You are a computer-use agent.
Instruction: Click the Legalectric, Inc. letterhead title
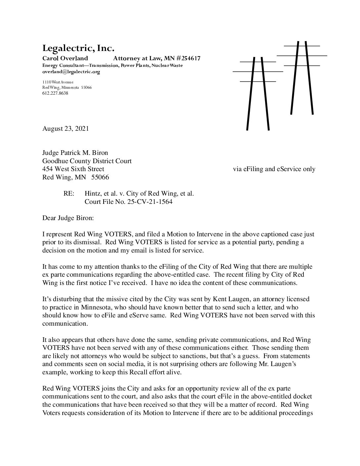pos(78,49)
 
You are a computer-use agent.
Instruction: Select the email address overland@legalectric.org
pos(71,71)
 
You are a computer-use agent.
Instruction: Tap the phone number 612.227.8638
pos(55,93)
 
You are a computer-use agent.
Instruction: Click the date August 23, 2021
pos(66,129)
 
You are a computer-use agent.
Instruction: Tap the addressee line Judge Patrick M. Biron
pos(75,153)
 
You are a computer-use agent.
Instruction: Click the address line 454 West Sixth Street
pos(73,169)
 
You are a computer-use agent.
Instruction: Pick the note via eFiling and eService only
pos(274,169)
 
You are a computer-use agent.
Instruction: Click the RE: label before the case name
pos(68,194)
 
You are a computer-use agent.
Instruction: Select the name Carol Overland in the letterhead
pos(65,59)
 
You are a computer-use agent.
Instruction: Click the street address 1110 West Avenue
pos(58,82)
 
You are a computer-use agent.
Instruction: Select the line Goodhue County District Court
pos(87,161)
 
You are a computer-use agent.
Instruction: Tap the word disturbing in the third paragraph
pos(65,299)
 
